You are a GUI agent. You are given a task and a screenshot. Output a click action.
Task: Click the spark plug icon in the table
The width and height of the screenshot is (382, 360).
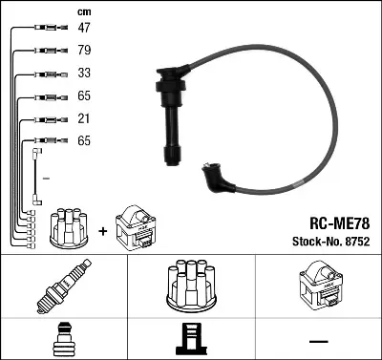tap(63, 286)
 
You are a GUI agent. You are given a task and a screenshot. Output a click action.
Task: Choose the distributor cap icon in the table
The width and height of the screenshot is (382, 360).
tap(191, 285)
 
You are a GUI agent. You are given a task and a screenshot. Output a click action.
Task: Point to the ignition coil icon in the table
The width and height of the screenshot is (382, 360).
tap(318, 285)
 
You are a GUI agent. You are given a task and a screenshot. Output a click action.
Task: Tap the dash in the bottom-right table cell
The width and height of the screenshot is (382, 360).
tap(318, 340)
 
